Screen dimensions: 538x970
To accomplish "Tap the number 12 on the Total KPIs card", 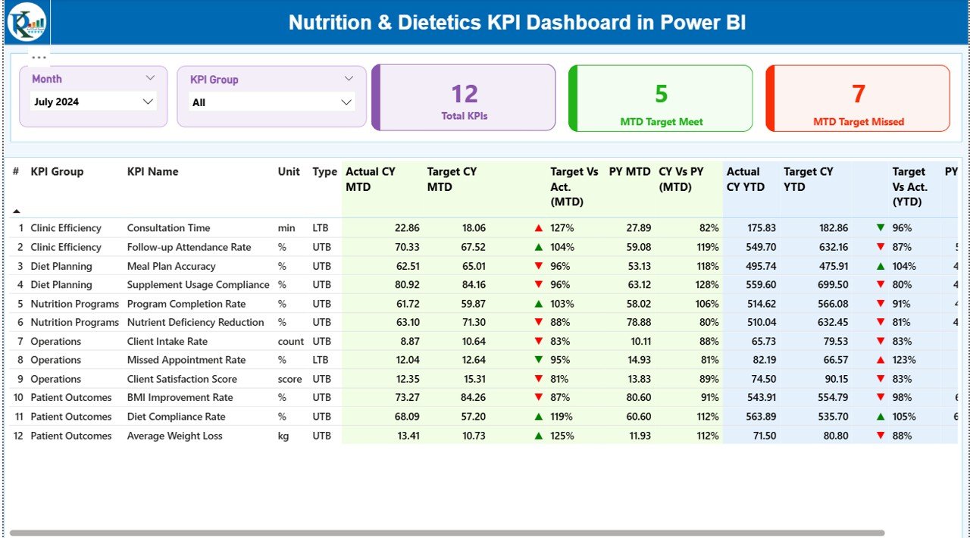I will [464, 94].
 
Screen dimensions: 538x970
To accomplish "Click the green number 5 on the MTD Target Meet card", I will [661, 94].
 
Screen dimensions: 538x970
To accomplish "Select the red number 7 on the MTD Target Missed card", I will [858, 94].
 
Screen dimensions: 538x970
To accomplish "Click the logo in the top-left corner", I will [26, 21].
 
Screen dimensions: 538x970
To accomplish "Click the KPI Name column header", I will [153, 172].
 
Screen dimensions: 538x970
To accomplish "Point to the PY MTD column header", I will [630, 172].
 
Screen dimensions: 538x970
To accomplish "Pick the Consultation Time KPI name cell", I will [168, 228].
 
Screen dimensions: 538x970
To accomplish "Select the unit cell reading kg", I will [283, 436].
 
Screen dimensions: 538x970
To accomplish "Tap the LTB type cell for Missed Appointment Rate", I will [321, 360].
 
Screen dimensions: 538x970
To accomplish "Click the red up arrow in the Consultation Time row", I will [539, 228].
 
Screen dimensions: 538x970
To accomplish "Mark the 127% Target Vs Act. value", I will [562, 228].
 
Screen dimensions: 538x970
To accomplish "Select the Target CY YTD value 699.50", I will [833, 285].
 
